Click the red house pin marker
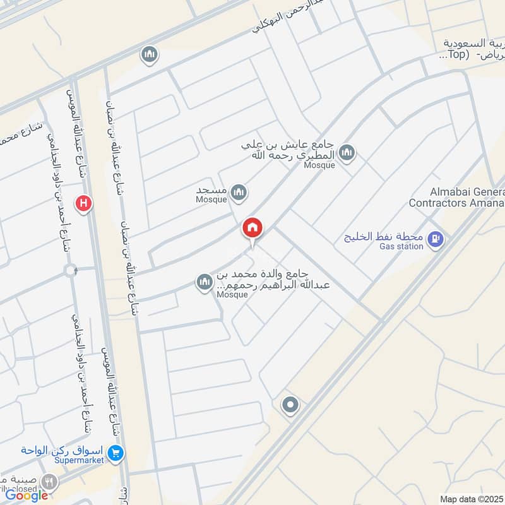(x=252, y=229)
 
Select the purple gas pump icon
(x=435, y=239)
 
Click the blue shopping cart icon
(x=116, y=453)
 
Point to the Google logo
(x=27, y=496)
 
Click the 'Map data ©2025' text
(x=471, y=499)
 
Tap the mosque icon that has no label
(x=150, y=55)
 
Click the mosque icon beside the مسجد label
(x=238, y=193)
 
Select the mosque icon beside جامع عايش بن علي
(x=347, y=153)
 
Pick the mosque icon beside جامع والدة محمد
(x=204, y=282)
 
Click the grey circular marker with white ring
(x=290, y=405)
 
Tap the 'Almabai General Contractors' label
(x=457, y=197)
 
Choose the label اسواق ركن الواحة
(x=61, y=451)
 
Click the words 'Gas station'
(x=401, y=246)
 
